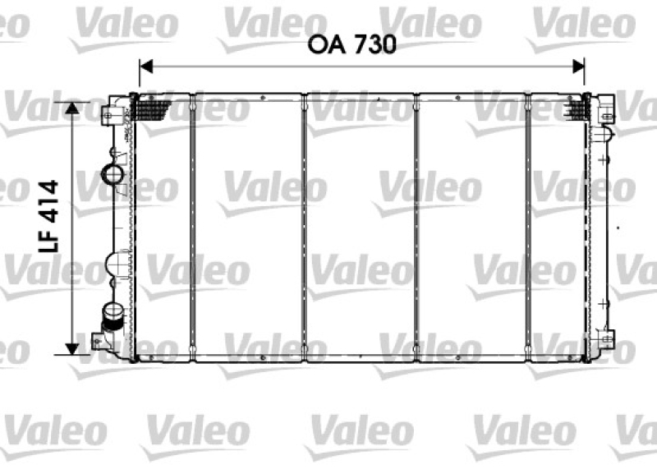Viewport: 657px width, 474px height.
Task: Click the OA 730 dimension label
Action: pyautogui.click(x=352, y=44)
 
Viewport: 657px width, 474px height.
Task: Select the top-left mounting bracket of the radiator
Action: pyautogui.click(x=109, y=113)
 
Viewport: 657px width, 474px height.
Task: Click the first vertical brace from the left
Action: pyautogui.click(x=192, y=228)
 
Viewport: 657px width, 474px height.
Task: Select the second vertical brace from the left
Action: pyautogui.click(x=305, y=228)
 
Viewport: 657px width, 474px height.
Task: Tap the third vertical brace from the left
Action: pyautogui.click(x=417, y=228)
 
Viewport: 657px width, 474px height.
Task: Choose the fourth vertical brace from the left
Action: pyautogui.click(x=528, y=228)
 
